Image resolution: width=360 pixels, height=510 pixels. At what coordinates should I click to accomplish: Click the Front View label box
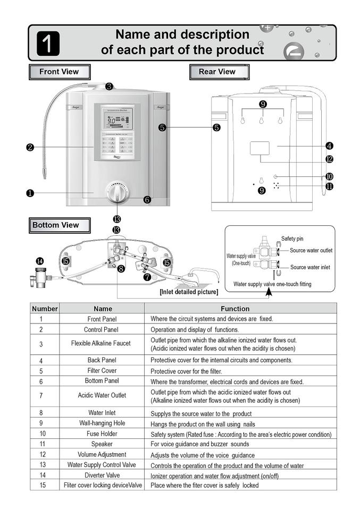[59, 72]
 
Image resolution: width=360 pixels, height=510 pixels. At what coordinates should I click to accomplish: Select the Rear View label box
[217, 72]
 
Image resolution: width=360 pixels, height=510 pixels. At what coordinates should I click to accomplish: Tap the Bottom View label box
[55, 225]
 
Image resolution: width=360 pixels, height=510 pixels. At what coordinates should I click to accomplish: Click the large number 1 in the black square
[48, 43]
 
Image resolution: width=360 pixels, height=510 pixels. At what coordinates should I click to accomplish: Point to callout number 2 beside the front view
[30, 147]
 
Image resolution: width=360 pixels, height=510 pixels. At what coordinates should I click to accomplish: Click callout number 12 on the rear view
[329, 159]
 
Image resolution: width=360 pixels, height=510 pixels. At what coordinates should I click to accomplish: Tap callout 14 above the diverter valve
[40, 260]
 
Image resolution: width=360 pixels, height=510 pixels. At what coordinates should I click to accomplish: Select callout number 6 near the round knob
[147, 200]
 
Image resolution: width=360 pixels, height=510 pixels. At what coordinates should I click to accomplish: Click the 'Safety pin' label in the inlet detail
[292, 239]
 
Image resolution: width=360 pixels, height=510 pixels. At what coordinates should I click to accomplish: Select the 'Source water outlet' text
[311, 250]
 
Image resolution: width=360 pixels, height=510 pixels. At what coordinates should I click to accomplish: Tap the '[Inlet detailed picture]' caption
[189, 292]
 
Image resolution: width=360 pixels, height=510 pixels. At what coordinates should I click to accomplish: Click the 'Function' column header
[235, 308]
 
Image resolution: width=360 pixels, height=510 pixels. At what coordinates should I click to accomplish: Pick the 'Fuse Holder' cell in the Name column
[102, 433]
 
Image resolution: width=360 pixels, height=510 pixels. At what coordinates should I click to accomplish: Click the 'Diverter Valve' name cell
[102, 475]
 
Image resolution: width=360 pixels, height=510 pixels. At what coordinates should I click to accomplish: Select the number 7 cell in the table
[41, 396]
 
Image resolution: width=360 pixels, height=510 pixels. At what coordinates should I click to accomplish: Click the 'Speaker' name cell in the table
[102, 444]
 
